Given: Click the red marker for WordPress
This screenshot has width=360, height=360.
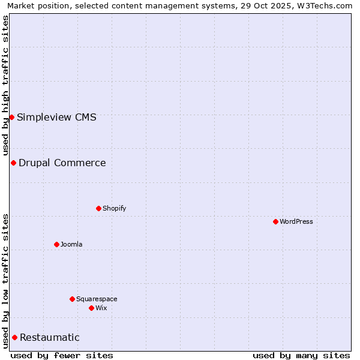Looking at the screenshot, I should click(275, 221).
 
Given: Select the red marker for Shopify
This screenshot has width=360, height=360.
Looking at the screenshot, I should click(98, 208).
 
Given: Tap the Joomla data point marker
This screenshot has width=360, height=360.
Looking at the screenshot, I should click(56, 244).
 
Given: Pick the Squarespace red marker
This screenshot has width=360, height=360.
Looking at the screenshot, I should click(72, 299).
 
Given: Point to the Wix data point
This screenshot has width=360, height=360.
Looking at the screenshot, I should click(91, 308).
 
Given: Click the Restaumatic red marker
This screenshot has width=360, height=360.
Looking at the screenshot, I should click(14, 337).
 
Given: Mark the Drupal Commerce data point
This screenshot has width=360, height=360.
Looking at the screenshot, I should click(13, 163).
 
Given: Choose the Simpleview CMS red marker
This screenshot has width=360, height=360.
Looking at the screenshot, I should click(11, 117).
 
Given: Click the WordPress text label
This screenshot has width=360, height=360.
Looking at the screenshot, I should click(296, 221).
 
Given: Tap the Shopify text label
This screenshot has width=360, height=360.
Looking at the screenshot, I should click(114, 208).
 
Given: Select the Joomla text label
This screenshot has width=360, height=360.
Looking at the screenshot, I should click(71, 244).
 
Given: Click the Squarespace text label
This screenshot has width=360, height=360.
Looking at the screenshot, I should click(97, 299).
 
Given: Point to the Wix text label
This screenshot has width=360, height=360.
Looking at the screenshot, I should click(101, 308).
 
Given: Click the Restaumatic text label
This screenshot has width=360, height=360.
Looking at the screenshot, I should click(50, 337).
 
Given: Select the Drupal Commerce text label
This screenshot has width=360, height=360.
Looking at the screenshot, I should click(62, 163).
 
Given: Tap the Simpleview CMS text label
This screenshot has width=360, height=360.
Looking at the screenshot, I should click(56, 117).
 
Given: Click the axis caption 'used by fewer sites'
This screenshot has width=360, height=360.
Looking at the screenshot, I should click(62, 355).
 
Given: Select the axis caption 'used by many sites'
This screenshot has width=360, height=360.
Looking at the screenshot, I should click(301, 355).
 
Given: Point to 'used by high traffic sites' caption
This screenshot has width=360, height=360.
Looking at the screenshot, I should click(5, 85).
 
